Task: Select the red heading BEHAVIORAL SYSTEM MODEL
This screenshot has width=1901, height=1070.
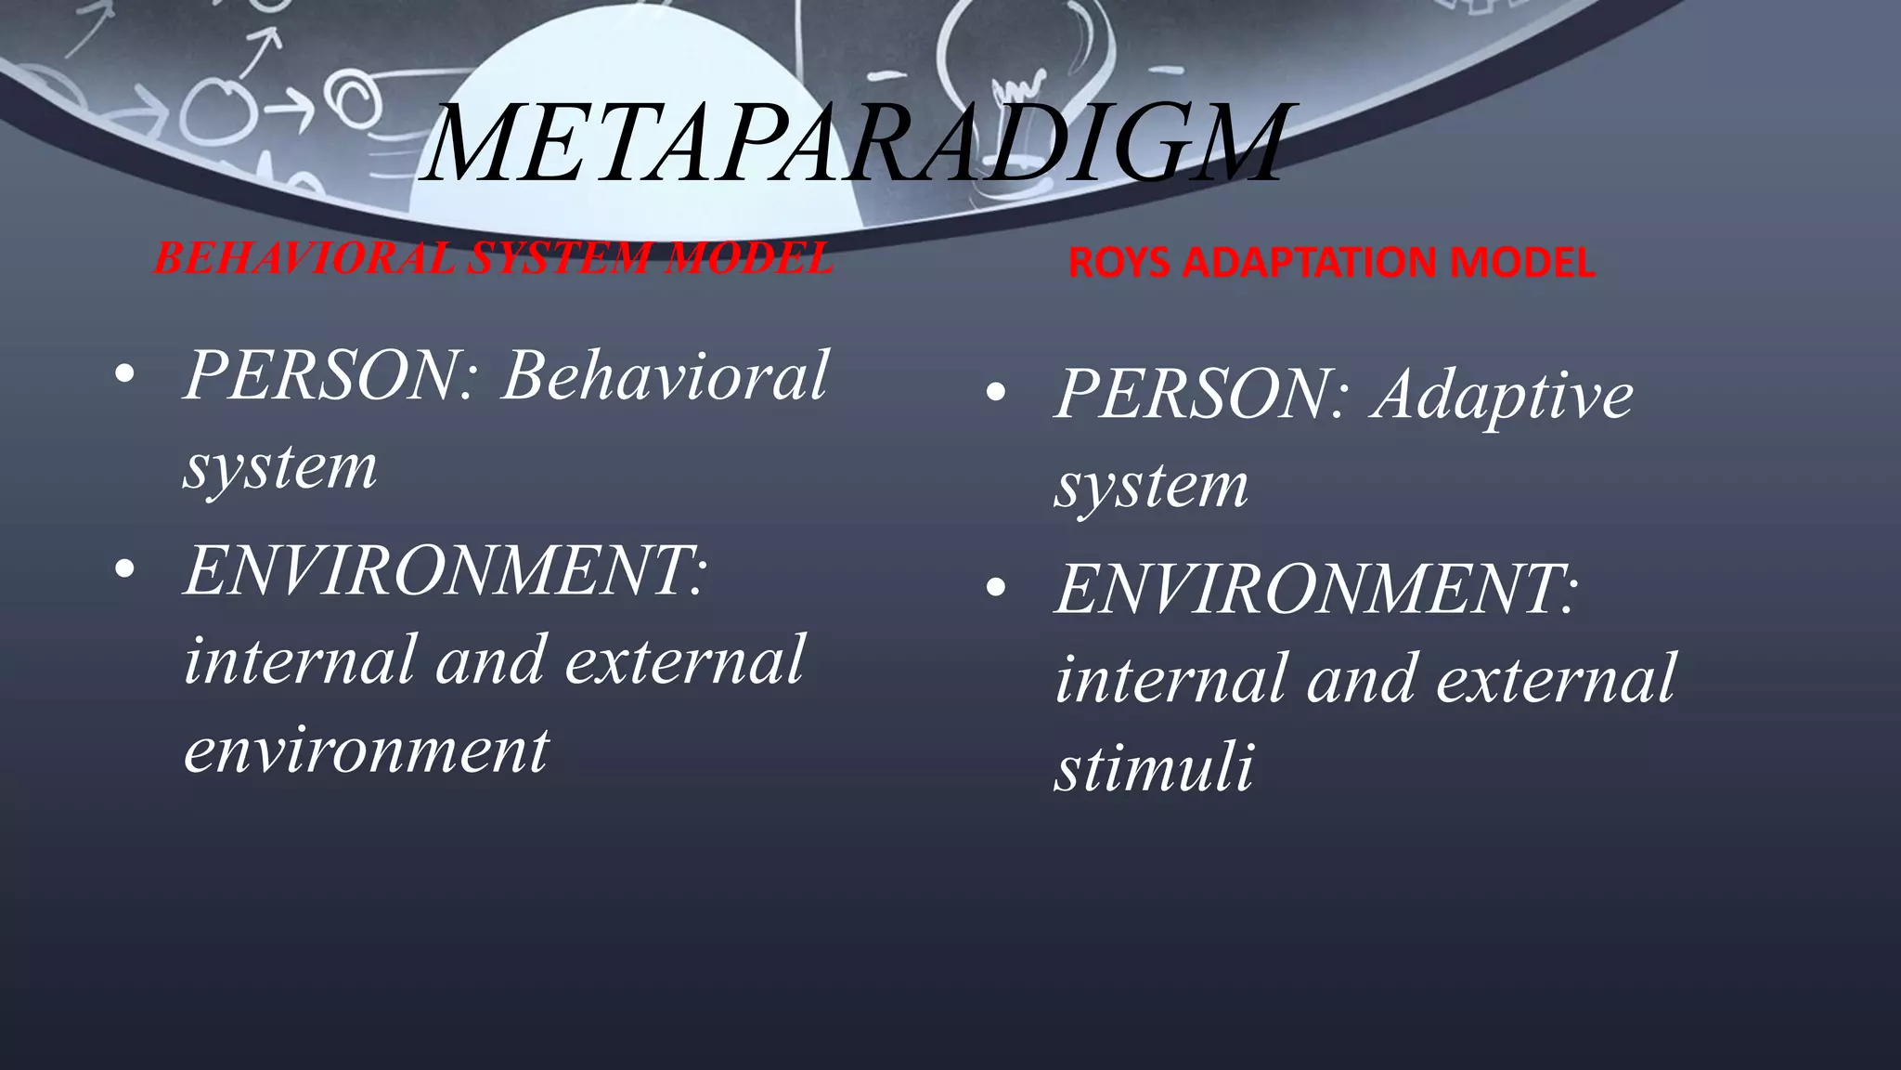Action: click(x=493, y=258)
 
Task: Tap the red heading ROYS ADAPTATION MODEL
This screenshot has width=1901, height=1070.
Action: click(x=1330, y=263)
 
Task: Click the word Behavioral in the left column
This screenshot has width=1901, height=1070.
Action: click(x=664, y=376)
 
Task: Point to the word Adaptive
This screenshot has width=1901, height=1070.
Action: click(x=1504, y=395)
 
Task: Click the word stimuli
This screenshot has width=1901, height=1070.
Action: click(x=1154, y=768)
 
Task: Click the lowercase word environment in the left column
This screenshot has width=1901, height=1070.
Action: click(x=367, y=749)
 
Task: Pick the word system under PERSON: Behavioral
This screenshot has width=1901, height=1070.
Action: click(x=280, y=466)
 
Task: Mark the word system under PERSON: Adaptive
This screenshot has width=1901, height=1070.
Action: click(x=1152, y=485)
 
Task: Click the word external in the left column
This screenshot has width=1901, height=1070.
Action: click(x=684, y=659)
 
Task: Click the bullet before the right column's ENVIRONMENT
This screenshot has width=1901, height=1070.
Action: click(x=996, y=589)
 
